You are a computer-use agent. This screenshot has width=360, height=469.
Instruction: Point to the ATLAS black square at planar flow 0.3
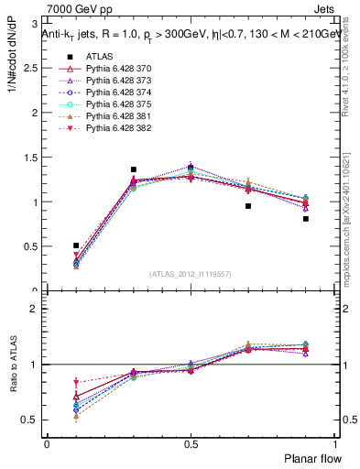pyautogui.click(x=134, y=169)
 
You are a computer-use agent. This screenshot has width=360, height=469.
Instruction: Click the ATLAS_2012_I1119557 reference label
pyautogui.click(x=191, y=274)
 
